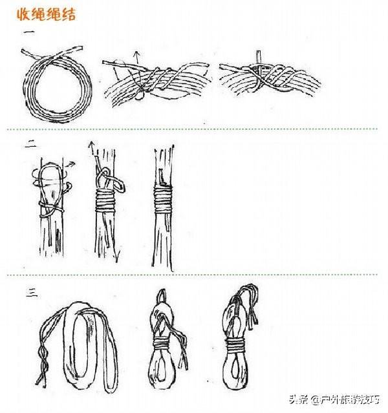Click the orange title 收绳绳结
(46, 14)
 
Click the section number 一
(29, 33)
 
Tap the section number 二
(31, 144)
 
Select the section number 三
(32, 293)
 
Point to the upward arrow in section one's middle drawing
(136, 57)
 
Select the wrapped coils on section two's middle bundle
(105, 200)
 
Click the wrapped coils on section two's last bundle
(163, 198)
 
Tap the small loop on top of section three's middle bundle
(162, 295)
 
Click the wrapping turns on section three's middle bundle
(162, 343)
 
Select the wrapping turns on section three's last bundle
(236, 344)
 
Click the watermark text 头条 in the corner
(298, 399)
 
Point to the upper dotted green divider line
(193, 129)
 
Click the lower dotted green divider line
(193, 275)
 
